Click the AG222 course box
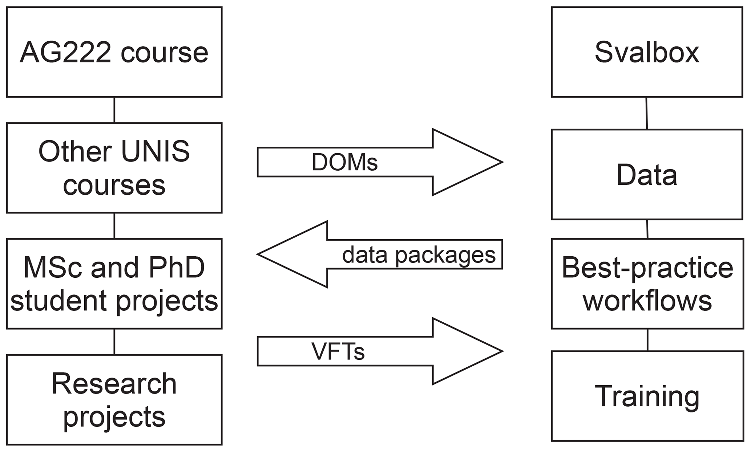pyautogui.click(x=114, y=52)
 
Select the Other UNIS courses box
pyautogui.click(x=114, y=168)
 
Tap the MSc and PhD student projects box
pyautogui.click(x=114, y=284)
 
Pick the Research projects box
pyautogui.click(x=114, y=399)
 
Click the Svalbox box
pyautogui.click(x=647, y=52)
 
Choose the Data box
pyautogui.click(x=647, y=174)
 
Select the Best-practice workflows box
pyautogui.click(x=647, y=284)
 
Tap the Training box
pyautogui.click(x=647, y=396)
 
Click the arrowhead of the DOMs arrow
pyautogui.click(x=469, y=162)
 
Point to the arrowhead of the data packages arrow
pyautogui.click(x=291, y=254)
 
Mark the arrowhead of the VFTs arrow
pyautogui.click(x=469, y=351)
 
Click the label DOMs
pyautogui.click(x=344, y=162)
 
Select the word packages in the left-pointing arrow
pyautogui.click(x=445, y=255)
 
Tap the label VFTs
pyautogui.click(x=338, y=351)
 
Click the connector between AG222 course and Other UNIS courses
pyautogui.click(x=114, y=110)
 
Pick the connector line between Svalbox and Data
pyautogui.click(x=646, y=113)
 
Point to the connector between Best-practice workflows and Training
pyautogui.click(x=647, y=340)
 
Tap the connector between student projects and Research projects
pyautogui.click(x=114, y=342)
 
